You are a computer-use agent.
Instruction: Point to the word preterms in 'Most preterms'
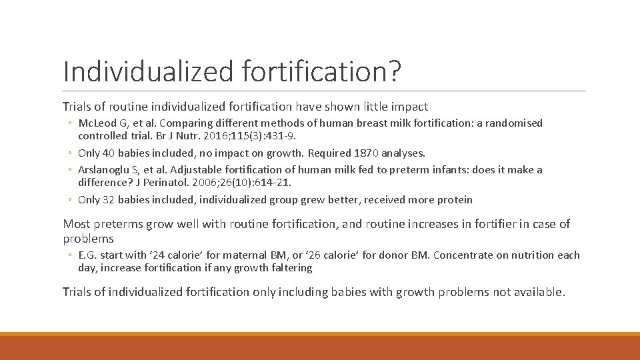(117, 224)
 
